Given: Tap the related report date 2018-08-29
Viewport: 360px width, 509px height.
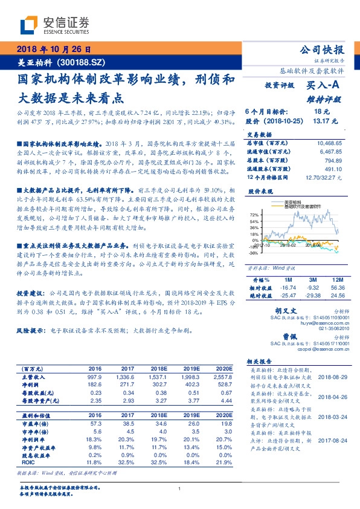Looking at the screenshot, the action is (332, 376).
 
